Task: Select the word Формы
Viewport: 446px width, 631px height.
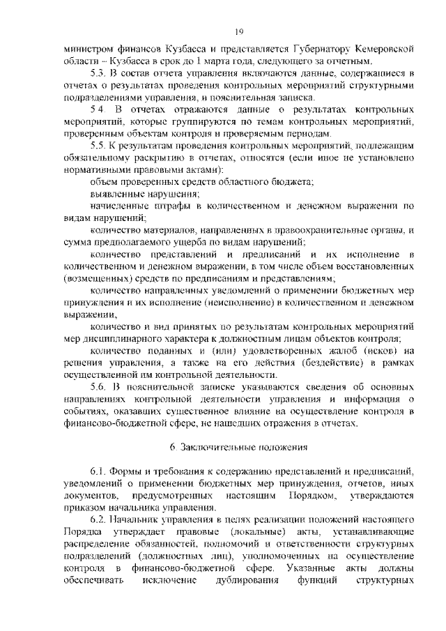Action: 132,472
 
